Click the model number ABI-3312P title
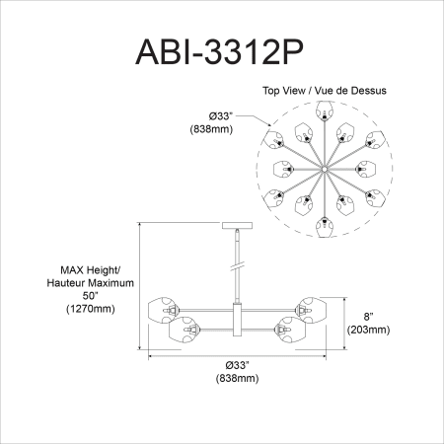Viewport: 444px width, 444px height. point(219,52)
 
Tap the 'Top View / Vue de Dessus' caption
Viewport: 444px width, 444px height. point(325,91)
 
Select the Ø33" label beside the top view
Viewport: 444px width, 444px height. point(221,116)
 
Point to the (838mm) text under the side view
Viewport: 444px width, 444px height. point(237,378)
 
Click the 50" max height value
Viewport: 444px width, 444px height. point(91,296)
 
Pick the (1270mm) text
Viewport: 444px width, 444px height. point(91,309)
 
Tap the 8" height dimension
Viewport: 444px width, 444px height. point(369,317)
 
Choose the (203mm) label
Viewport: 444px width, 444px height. point(369,330)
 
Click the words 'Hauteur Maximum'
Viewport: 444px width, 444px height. point(91,283)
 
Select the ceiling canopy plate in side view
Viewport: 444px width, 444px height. point(238,226)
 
